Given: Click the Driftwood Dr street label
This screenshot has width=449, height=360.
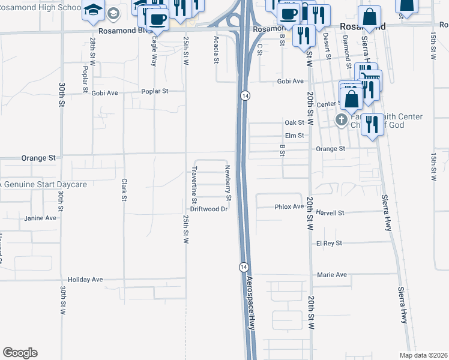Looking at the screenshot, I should (x=209, y=209).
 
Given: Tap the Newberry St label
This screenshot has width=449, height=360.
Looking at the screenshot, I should (x=228, y=182).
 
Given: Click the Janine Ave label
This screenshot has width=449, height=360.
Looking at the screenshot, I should (x=40, y=218).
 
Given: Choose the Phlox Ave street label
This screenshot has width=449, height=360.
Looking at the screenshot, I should (x=289, y=206).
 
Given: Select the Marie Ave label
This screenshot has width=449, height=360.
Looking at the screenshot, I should (x=333, y=275).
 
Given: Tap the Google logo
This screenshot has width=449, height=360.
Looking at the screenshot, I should (x=20, y=353).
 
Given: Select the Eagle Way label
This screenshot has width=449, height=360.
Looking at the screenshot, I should (x=154, y=49).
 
